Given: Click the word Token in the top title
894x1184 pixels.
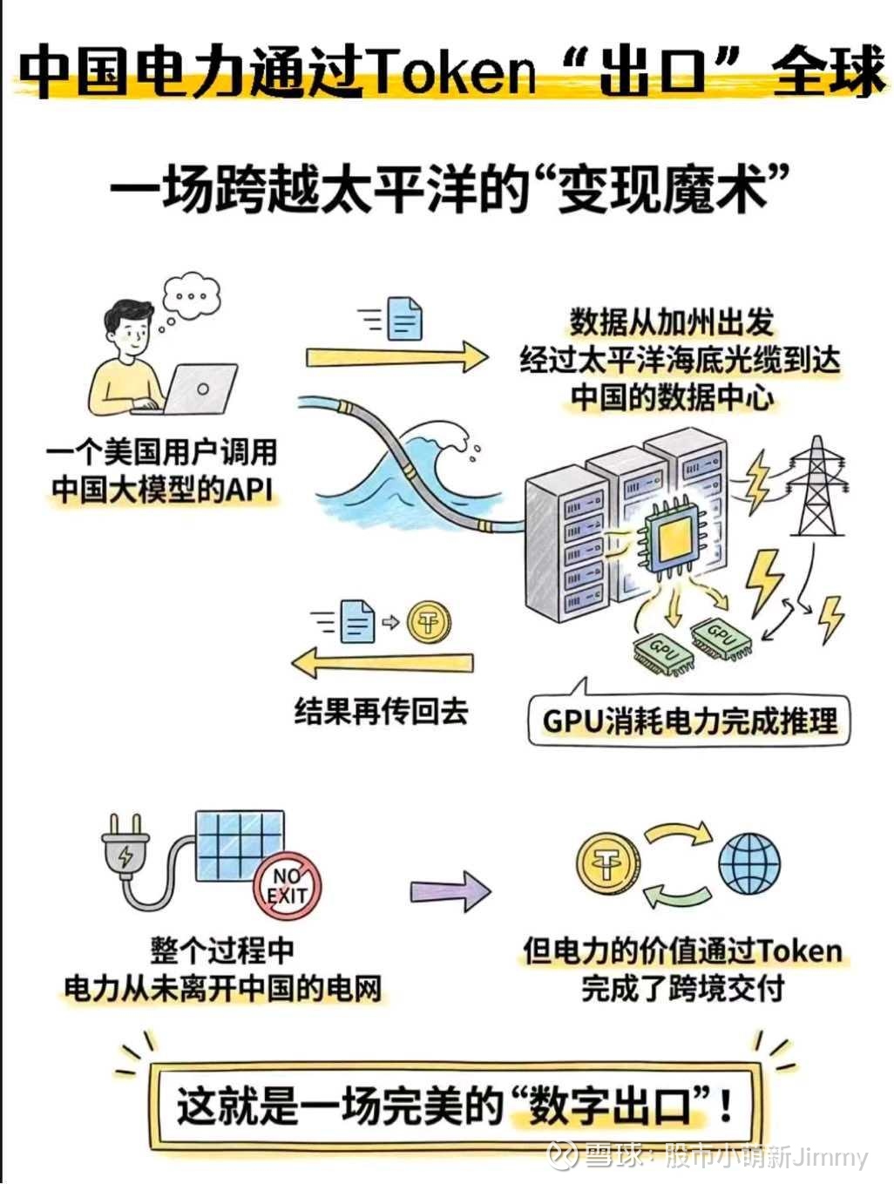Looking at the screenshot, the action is point(453,72).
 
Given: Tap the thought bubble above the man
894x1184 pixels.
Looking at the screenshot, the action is point(192,296).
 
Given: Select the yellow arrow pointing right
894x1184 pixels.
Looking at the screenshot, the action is point(397,357).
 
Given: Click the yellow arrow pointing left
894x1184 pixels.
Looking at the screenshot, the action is point(382,662).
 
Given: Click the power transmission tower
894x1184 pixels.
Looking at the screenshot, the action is point(816,485).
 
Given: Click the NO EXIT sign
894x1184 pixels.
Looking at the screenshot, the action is point(288,886).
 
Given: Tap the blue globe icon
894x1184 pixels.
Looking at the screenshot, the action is point(749,863).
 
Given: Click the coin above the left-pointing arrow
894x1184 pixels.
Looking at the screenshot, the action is point(429,622).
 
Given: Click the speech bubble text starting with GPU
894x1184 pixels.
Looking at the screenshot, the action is point(689,721).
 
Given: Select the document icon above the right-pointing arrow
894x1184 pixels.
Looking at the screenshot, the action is point(404,319).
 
